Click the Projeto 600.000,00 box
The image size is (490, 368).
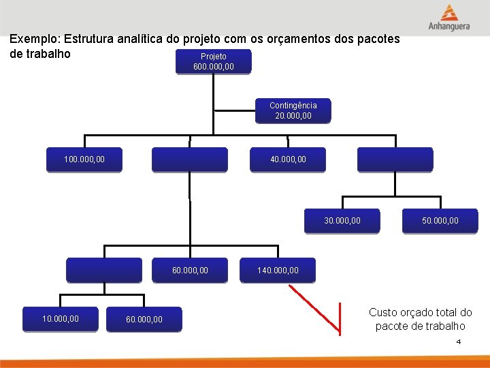[214, 61]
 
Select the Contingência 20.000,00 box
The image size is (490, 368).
[293, 110]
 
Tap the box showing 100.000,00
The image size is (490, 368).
[84, 159]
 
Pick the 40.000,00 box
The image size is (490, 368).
[288, 159]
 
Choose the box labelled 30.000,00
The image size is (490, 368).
[342, 220]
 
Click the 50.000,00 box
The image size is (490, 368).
[440, 220]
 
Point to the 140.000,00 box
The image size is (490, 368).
[278, 271]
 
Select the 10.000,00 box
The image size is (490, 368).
[60, 318]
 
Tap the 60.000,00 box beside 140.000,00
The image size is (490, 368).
[190, 271]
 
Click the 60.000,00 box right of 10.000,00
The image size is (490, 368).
[144, 318]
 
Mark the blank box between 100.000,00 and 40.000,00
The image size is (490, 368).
[189, 159]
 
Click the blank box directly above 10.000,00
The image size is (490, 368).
[103, 270]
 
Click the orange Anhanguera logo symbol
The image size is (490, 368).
[448, 13]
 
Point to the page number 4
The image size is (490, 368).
[459, 341]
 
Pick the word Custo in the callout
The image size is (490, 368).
[382, 312]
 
